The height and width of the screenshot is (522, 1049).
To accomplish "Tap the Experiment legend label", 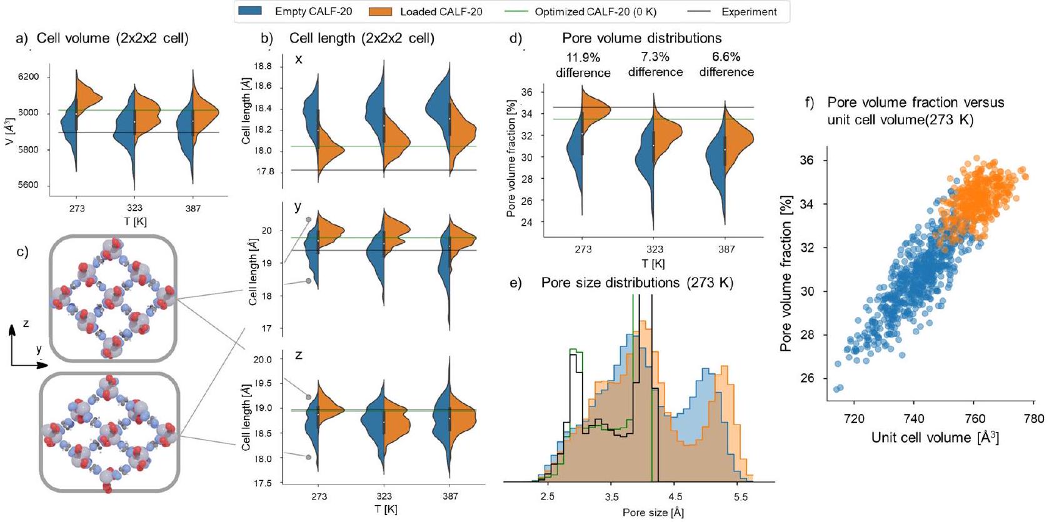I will pyautogui.click(x=749, y=12).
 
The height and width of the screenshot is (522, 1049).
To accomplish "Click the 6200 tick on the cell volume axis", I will pyautogui.click(x=28, y=77).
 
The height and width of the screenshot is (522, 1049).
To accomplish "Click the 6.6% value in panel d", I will pyautogui.click(x=726, y=57).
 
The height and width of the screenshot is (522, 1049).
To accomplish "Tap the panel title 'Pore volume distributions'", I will pyautogui.click(x=642, y=38).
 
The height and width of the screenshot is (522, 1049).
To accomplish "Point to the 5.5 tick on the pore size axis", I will pyautogui.click(x=740, y=498).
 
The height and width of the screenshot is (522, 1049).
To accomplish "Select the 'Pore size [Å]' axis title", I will pyautogui.click(x=653, y=513).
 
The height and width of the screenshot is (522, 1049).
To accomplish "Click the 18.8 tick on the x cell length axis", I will pyautogui.click(x=263, y=66).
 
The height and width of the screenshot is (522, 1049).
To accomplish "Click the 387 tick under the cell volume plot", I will pyautogui.click(x=193, y=208).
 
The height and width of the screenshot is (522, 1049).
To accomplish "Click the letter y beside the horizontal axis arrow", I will pyautogui.click(x=39, y=349).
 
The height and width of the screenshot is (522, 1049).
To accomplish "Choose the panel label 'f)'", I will pyautogui.click(x=810, y=103).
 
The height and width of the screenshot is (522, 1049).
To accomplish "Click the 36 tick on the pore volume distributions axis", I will pyautogui.click(x=527, y=93).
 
